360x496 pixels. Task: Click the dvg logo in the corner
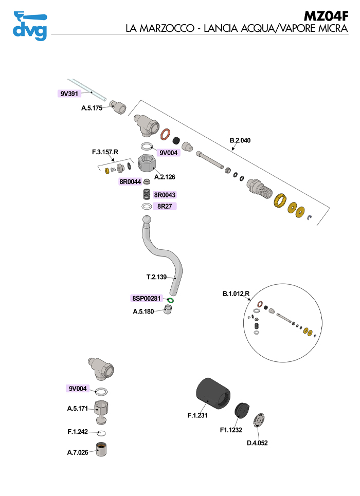[x=29, y=26]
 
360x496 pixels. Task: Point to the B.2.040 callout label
[x=241, y=140]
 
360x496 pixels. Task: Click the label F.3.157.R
[x=105, y=152]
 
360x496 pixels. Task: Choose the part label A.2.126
[x=165, y=177]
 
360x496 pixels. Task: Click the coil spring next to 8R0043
[x=147, y=195]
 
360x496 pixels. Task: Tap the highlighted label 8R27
[x=165, y=206]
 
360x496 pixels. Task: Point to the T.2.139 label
[x=157, y=277]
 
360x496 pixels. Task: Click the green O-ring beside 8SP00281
[x=172, y=300]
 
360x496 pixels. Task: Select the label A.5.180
[x=143, y=311]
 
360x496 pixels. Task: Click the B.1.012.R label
[x=236, y=294]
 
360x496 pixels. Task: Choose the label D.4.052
[x=257, y=443]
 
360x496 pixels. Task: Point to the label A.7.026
[x=78, y=453]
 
